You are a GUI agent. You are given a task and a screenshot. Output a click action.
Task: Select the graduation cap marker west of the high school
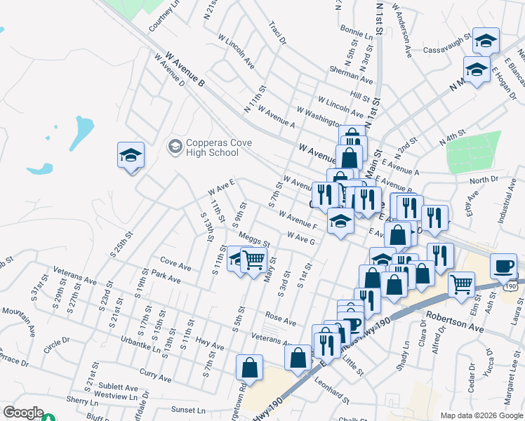click(131, 155)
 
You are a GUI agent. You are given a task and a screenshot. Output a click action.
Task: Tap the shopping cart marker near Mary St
click(253, 261)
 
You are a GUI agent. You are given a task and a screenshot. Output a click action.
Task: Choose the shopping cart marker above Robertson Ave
click(461, 285)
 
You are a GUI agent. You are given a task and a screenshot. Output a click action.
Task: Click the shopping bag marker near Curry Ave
click(249, 367)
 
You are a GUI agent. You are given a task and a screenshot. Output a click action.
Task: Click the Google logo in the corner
click(22, 413)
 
